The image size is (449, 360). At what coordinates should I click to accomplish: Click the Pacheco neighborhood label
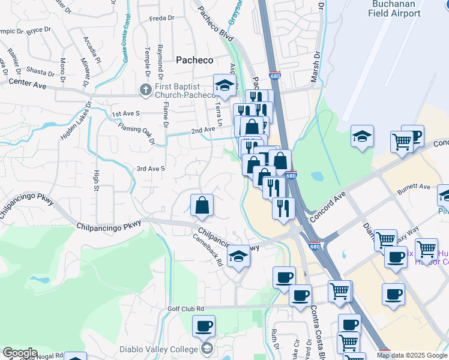[x=194, y=59]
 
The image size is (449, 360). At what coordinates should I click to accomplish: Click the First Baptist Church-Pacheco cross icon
[x=146, y=91]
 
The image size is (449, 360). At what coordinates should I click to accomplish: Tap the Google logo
[x=20, y=353]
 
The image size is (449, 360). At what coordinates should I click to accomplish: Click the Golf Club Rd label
[x=186, y=309]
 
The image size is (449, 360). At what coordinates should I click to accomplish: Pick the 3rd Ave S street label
[x=151, y=169]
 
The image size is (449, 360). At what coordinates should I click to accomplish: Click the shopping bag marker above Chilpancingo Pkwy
[x=203, y=206]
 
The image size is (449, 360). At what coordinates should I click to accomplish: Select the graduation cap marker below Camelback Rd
[x=239, y=256]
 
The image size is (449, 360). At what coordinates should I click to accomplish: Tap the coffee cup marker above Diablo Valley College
[x=204, y=326]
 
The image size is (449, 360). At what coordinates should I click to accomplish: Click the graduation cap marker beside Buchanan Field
[x=363, y=136]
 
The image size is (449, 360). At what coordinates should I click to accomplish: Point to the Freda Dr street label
[x=162, y=19]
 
